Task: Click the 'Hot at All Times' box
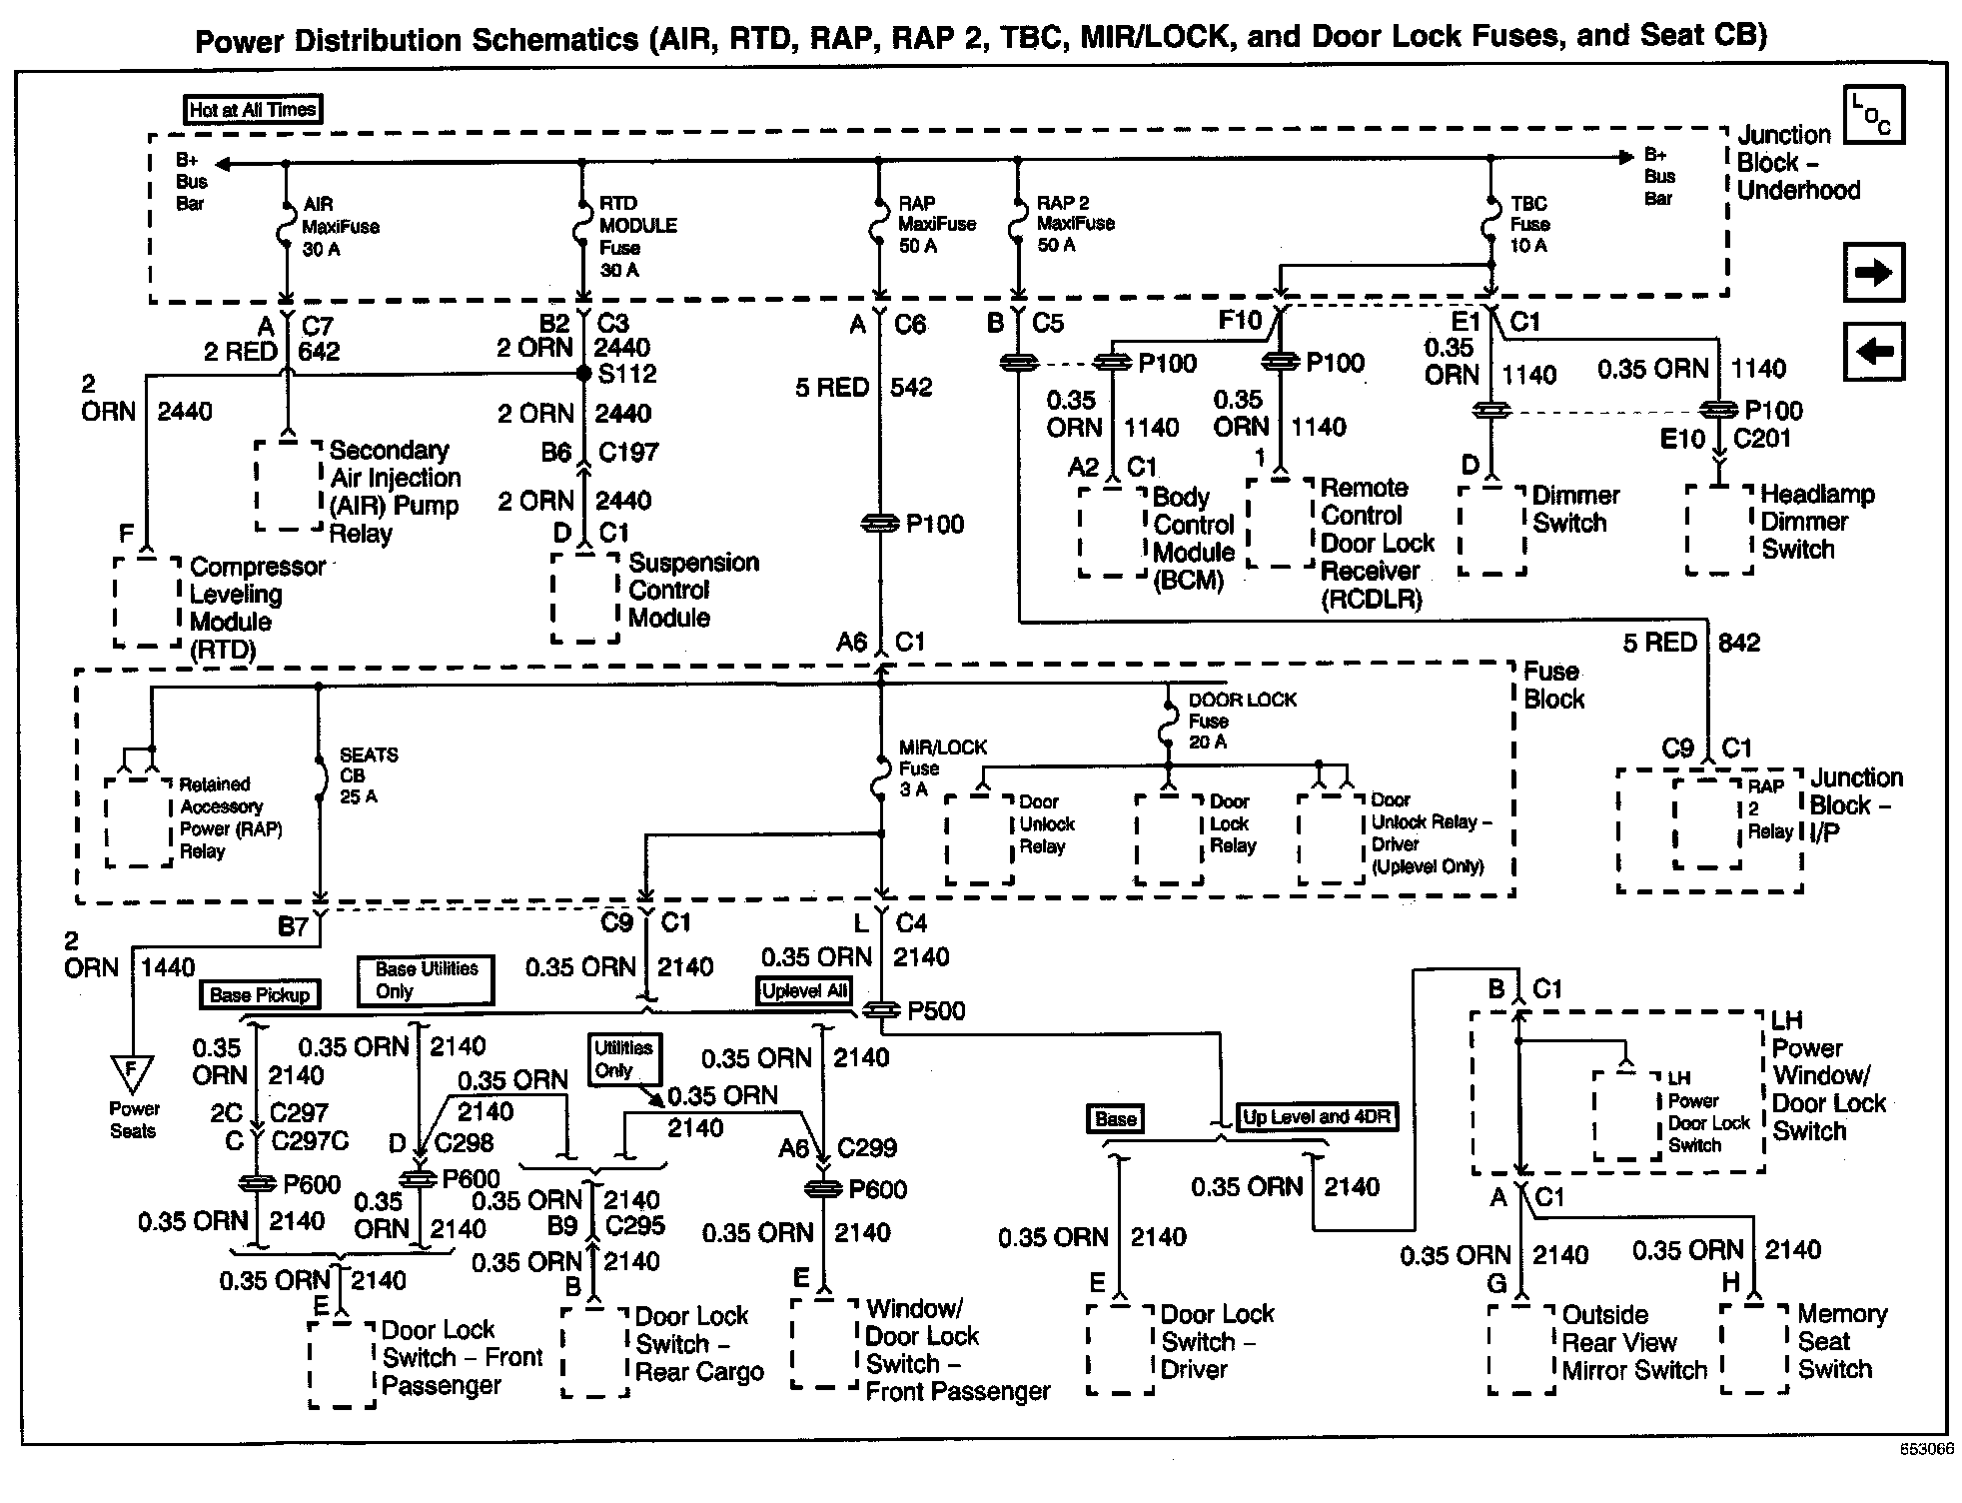(253, 109)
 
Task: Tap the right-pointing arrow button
(1873, 272)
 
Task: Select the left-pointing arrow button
(1873, 351)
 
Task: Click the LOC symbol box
(1873, 115)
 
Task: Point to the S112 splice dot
(583, 374)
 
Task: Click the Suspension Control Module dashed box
(585, 597)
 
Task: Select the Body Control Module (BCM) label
(1193, 539)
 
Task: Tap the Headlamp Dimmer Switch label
(1816, 521)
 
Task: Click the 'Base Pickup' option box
(260, 994)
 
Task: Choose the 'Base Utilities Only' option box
(426, 980)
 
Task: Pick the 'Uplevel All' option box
(804, 990)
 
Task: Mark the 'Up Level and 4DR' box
(1317, 1117)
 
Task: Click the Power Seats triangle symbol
(132, 1073)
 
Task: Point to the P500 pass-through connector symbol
(880, 1010)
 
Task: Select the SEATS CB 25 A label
(368, 775)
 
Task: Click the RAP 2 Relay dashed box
(1707, 821)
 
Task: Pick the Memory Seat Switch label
(1841, 1341)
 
